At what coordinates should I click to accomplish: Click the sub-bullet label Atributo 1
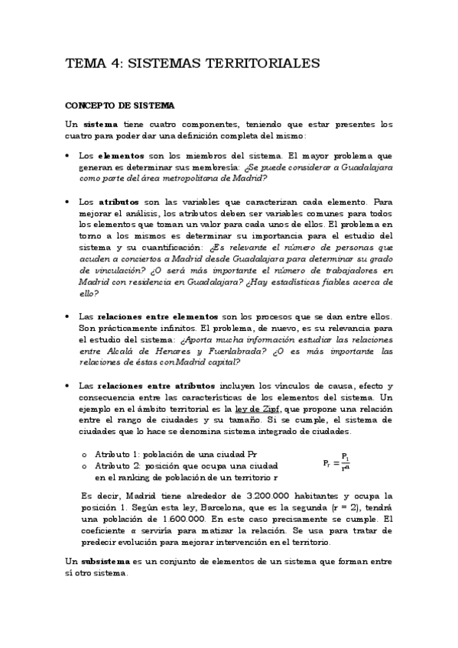pos(116,454)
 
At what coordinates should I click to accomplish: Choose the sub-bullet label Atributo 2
pos(116,465)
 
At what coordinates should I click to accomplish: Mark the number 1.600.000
pos(151,518)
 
